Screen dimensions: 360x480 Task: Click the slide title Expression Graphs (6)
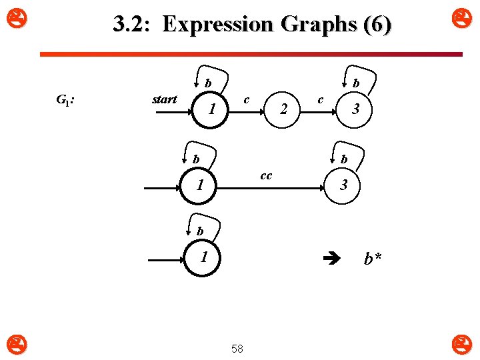(252, 25)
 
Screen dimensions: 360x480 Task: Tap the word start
(164, 99)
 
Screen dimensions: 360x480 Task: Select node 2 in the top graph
(284, 109)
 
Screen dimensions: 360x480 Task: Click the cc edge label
(265, 175)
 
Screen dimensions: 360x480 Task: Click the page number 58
(237, 348)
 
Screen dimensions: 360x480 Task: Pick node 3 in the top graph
(356, 109)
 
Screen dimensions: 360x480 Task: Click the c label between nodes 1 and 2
(246, 99)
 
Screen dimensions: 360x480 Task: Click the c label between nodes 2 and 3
(321, 99)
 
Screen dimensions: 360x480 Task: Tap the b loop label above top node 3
(356, 83)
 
